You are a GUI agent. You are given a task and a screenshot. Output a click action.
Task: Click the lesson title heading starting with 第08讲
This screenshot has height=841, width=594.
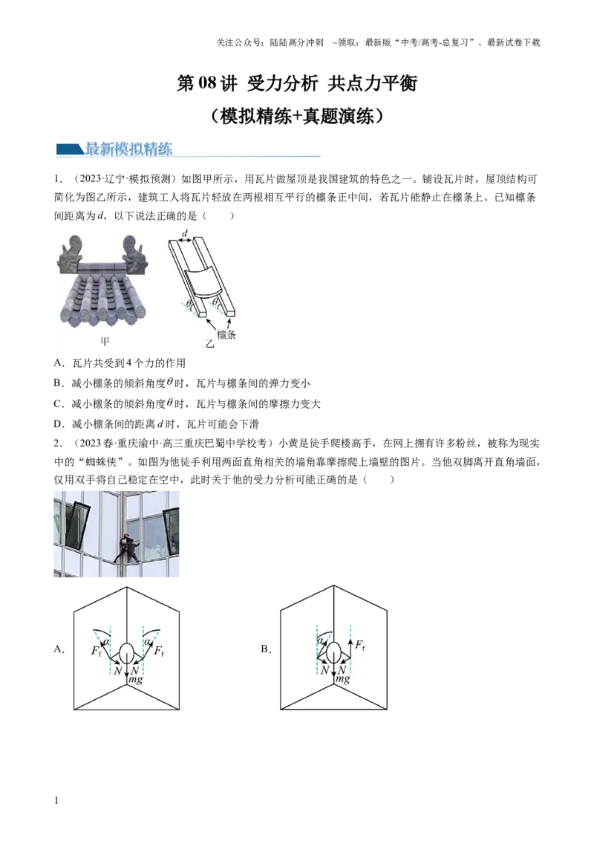click(296, 83)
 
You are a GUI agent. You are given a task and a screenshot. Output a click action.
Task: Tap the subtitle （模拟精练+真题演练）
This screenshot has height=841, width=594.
click(296, 116)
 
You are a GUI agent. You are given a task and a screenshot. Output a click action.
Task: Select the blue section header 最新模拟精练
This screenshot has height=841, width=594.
click(128, 149)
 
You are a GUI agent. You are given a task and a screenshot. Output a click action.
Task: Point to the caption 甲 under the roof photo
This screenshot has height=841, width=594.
click(105, 342)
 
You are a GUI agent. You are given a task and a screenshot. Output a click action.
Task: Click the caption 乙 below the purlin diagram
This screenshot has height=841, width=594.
click(209, 343)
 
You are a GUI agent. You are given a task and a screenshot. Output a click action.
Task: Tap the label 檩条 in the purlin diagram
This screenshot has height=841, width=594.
click(226, 334)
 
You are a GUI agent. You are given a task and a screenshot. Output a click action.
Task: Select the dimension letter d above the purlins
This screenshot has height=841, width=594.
click(186, 233)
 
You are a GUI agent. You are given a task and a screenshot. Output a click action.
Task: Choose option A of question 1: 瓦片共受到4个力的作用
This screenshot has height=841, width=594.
click(120, 363)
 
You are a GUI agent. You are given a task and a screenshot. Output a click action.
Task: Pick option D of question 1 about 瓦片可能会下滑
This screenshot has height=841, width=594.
click(156, 424)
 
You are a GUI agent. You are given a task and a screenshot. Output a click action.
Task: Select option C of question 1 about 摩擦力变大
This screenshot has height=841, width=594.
click(187, 404)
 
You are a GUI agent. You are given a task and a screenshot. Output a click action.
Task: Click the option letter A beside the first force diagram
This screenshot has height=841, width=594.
click(59, 649)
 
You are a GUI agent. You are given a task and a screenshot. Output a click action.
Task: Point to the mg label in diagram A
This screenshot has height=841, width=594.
click(136, 680)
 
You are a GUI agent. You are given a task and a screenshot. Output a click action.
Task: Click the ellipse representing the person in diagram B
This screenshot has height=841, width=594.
click(333, 653)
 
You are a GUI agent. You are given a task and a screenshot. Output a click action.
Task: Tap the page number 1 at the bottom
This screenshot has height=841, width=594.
click(56, 801)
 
